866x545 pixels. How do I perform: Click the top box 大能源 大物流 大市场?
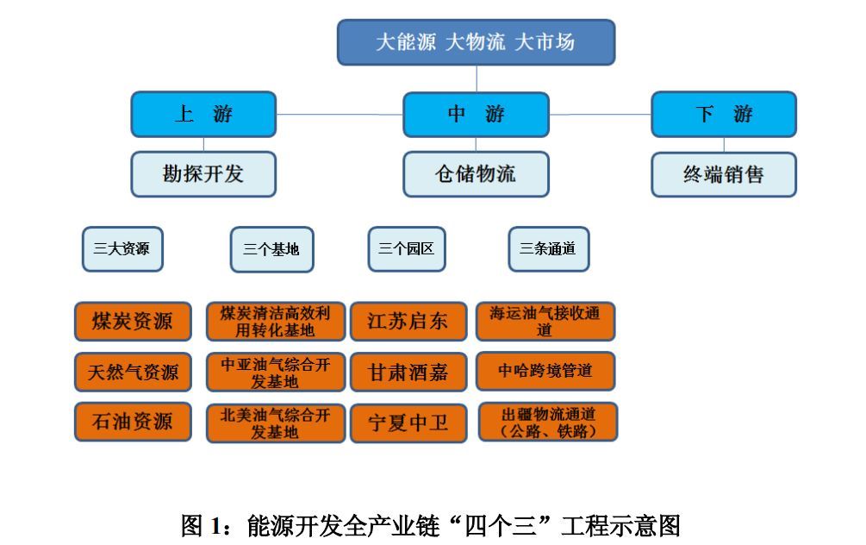click(476, 42)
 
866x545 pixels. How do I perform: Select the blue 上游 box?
click(203, 114)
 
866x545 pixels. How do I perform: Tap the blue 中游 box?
click(476, 114)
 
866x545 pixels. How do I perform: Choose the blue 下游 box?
click(723, 114)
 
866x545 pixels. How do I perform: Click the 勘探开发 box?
click(203, 174)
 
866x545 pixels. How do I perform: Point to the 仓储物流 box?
click(476, 174)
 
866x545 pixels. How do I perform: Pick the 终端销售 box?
click(723, 175)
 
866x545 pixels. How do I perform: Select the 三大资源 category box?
click(121, 249)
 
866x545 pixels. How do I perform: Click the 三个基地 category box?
click(271, 250)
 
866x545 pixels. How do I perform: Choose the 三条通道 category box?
click(548, 250)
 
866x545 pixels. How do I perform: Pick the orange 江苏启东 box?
click(408, 322)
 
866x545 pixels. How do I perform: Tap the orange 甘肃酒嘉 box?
click(408, 373)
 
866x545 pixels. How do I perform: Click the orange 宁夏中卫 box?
click(408, 423)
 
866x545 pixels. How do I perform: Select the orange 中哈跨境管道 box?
click(545, 371)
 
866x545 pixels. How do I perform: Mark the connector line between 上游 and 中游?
click(340, 114)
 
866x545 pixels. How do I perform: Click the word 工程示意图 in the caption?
click(621, 525)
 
